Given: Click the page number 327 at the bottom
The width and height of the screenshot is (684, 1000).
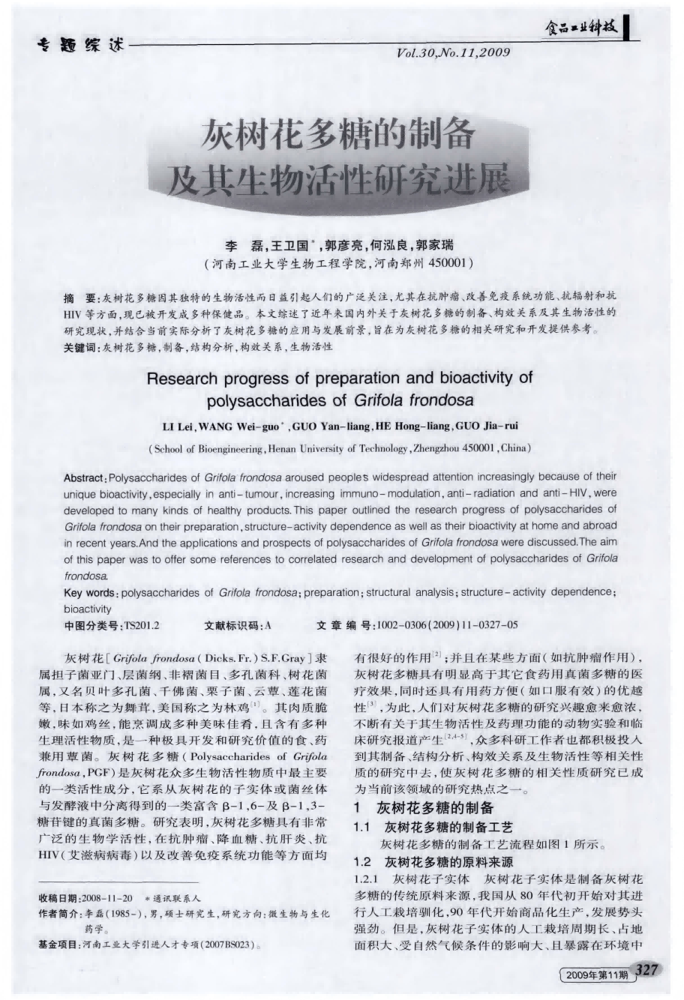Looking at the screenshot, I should click(x=646, y=970).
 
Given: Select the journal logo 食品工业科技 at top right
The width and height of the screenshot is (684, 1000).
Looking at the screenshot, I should click(x=584, y=28).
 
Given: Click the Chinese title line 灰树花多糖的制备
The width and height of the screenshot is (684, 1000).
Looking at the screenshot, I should click(x=340, y=134).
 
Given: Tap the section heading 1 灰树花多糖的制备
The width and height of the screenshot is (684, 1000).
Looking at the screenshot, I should click(x=423, y=807).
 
